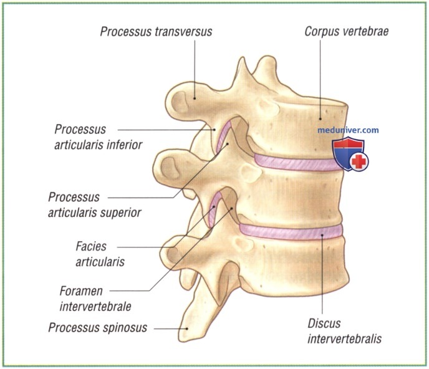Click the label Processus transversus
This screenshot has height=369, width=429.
pos(156,31)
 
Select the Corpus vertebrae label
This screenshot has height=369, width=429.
pos(346,31)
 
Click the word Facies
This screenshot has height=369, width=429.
pos(91,246)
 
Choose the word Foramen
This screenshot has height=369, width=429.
pos(81,291)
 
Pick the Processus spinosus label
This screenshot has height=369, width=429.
pos(98,327)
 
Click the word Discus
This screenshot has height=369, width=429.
pos(324,323)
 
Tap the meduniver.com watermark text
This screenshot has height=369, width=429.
pos(348,130)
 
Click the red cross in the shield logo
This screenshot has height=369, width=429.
pos(359,161)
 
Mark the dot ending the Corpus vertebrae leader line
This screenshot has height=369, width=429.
pos(320,119)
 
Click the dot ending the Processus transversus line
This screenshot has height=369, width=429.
pos(195,98)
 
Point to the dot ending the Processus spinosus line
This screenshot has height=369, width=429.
pos(187,328)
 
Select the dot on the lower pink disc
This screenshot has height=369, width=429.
pos(322,235)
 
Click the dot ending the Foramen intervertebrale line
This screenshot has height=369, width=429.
pos(231,208)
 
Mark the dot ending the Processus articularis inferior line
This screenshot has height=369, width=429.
pos(214,130)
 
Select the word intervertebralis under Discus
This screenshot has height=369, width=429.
pos(344,339)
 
